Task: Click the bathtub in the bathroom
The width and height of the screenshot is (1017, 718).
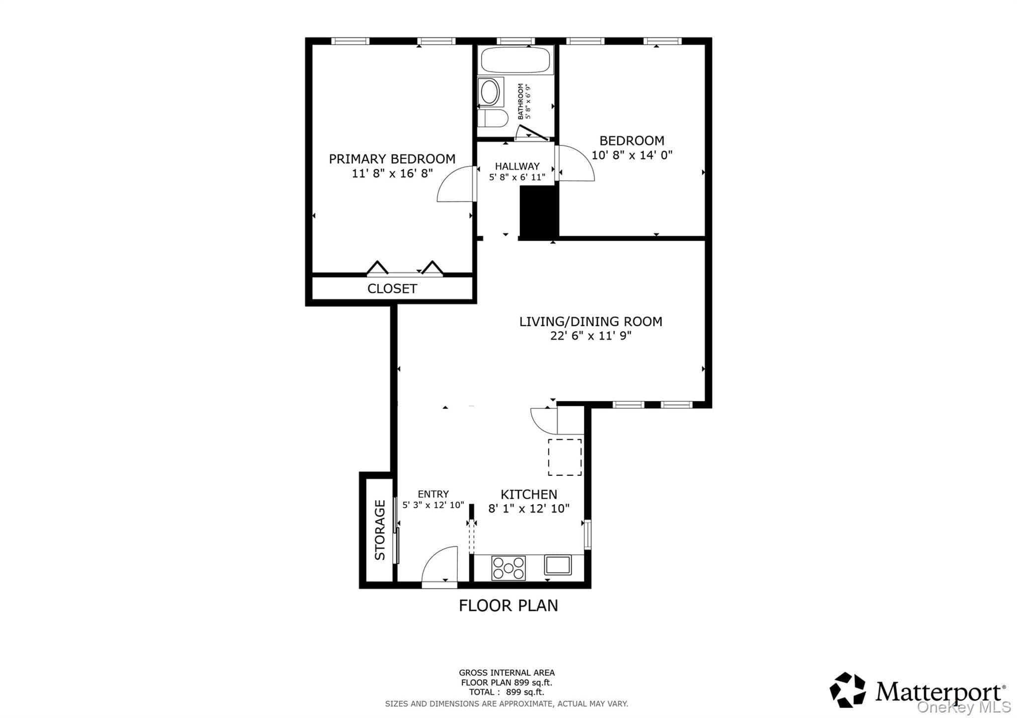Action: (x=515, y=61)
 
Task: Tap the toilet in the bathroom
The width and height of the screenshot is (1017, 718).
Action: (x=493, y=118)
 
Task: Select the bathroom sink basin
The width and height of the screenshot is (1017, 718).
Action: (x=491, y=92)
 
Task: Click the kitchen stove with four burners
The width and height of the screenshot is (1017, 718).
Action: (x=508, y=568)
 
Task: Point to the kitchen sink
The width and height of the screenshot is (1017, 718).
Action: (x=558, y=565)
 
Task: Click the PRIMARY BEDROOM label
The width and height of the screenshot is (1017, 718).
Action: (x=392, y=159)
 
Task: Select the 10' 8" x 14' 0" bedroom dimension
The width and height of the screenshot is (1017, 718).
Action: (x=632, y=155)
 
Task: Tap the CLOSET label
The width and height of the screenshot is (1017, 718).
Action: (x=392, y=289)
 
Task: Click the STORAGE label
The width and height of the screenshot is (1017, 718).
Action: (x=380, y=530)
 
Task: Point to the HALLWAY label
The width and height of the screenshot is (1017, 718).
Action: (x=517, y=166)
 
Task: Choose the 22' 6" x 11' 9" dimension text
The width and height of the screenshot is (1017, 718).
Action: (x=590, y=336)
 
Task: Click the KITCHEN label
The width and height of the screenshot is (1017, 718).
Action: (x=528, y=494)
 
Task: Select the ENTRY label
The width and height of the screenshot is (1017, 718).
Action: (x=433, y=494)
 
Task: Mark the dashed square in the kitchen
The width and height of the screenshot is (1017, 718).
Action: (x=565, y=457)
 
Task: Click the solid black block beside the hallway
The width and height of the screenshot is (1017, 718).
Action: (x=539, y=212)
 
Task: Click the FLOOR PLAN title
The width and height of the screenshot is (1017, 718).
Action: (x=508, y=606)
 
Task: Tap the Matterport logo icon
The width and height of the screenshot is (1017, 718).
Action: (x=847, y=690)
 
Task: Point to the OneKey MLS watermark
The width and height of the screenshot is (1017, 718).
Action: (x=964, y=707)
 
